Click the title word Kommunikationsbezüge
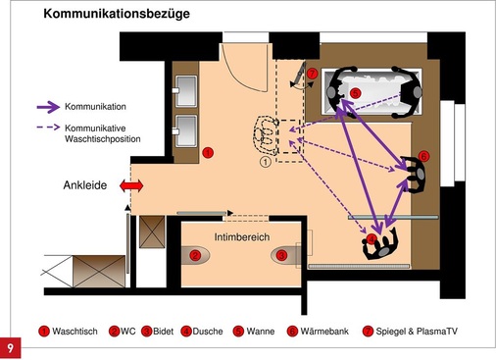[x=118, y=15]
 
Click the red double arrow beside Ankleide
[x=130, y=185]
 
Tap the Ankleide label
[x=86, y=184]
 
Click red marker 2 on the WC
[x=195, y=255]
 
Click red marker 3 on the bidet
[x=281, y=255]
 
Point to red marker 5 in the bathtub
[x=355, y=93]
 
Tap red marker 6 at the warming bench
[x=422, y=155]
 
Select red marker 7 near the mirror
[x=312, y=74]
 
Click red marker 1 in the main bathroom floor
[x=207, y=152]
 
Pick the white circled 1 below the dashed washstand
[x=265, y=163]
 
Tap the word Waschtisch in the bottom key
[x=74, y=332]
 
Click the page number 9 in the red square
[x=10, y=348]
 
